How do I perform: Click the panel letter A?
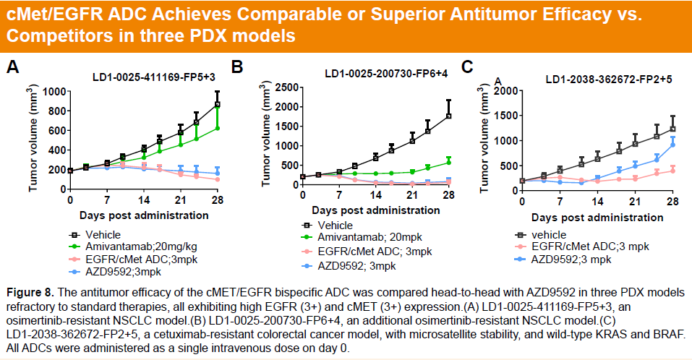pos(12,69)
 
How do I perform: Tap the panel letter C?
pos(467,67)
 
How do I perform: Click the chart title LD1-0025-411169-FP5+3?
pos(154,77)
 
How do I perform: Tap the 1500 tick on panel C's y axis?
pos(504,116)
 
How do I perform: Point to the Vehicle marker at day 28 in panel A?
pos(217,105)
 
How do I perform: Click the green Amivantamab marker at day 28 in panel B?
pos(448,162)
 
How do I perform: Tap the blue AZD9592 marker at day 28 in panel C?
pos(672,145)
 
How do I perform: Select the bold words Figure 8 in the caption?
pos(30,292)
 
